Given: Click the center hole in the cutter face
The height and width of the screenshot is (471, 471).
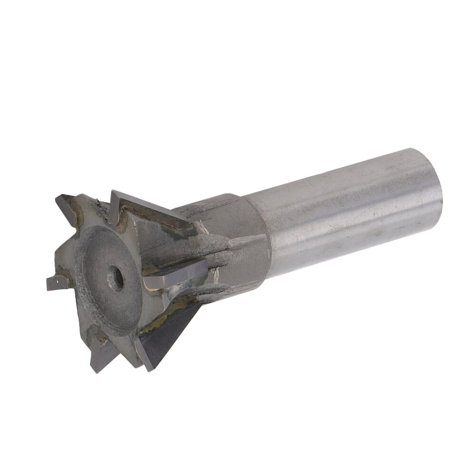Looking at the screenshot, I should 115,278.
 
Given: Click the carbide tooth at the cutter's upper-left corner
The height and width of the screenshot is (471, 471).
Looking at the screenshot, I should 66,207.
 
